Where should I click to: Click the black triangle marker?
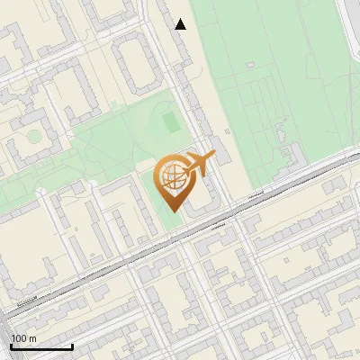181,24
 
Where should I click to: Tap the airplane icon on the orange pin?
197,164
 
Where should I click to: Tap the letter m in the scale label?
32,338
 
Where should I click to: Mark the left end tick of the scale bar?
11,346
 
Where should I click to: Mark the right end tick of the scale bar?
73,346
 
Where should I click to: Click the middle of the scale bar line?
41,347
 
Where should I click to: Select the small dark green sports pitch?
170,120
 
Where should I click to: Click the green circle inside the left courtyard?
33,137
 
